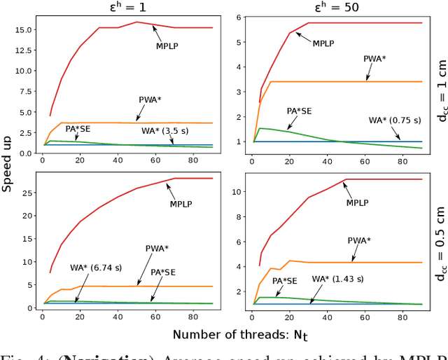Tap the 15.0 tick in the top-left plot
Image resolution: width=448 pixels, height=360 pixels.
26,30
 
